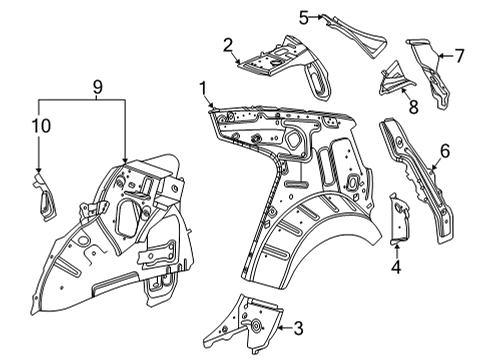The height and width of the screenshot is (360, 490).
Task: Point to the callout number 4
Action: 396,267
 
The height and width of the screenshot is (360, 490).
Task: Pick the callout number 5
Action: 304,15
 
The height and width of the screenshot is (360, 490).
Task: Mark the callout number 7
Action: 459,55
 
